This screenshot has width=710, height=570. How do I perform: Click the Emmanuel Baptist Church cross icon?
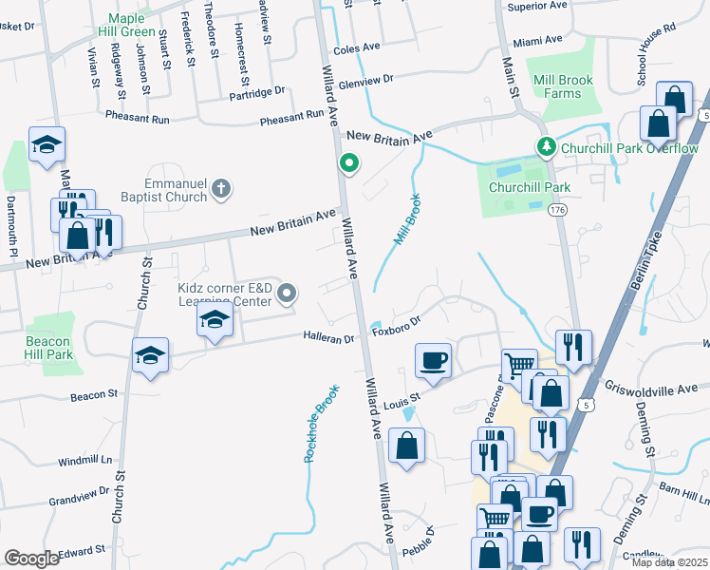click(x=221, y=188)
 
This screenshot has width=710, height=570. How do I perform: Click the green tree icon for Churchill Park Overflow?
click(x=546, y=147)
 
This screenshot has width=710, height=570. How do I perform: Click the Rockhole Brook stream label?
click(x=320, y=424)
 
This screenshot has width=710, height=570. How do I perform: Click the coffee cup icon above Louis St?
click(x=434, y=360)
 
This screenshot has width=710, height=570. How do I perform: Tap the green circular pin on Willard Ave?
click(x=348, y=163)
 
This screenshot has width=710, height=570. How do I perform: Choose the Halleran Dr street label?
click(x=328, y=337)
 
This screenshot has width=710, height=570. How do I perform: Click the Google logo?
click(x=31, y=559)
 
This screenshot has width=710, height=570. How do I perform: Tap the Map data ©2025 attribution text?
click(x=668, y=562)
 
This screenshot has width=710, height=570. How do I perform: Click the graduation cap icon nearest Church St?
click(x=151, y=355)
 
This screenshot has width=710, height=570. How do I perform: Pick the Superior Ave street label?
click(x=537, y=6)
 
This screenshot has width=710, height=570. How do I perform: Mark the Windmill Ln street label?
click(x=86, y=461)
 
